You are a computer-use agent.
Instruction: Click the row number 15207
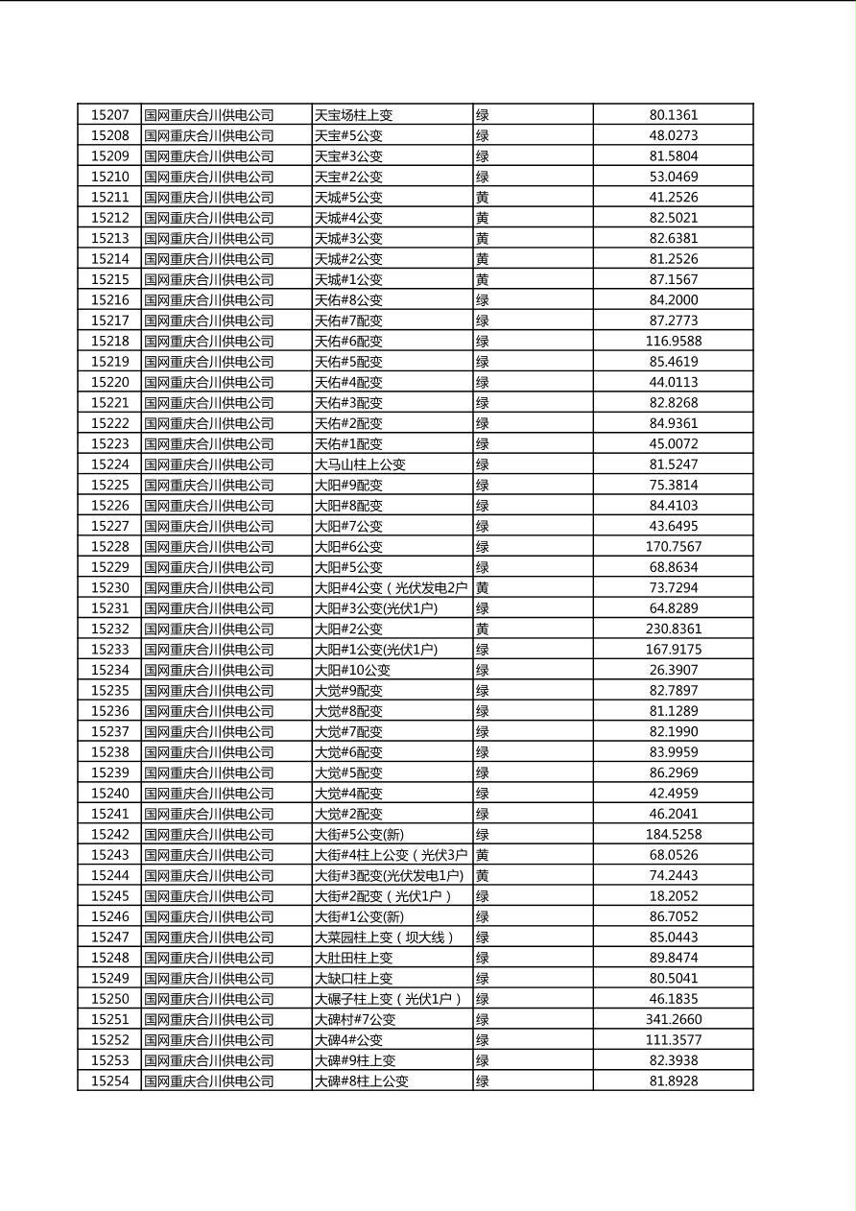pyautogui.click(x=109, y=115)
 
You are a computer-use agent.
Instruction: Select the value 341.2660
pyautogui.click(x=674, y=1019)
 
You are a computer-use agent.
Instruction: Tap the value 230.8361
pyautogui.click(x=674, y=629)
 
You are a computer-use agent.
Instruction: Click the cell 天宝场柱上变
pyautogui.click(x=354, y=115)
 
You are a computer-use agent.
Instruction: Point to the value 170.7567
pyautogui.click(x=674, y=546)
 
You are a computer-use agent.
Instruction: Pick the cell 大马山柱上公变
pyautogui.click(x=361, y=464)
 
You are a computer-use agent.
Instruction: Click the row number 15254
pyautogui.click(x=109, y=1080)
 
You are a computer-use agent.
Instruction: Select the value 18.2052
pyautogui.click(x=674, y=895)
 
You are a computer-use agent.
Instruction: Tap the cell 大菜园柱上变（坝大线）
pyautogui.click(x=385, y=937)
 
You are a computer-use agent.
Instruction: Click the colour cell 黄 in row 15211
pyautogui.click(x=483, y=197)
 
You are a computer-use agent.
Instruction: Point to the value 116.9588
pyautogui.click(x=674, y=341)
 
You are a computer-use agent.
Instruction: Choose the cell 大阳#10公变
pyautogui.click(x=353, y=670)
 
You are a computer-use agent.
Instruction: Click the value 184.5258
pyautogui.click(x=674, y=834)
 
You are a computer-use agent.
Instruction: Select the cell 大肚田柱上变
pyautogui.click(x=354, y=958)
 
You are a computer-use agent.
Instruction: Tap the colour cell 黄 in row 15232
pyautogui.click(x=483, y=629)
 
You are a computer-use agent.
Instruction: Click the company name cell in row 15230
pyautogui.click(x=209, y=587)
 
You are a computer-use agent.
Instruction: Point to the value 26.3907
pyautogui.click(x=674, y=670)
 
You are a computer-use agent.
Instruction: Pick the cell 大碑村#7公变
pyautogui.click(x=355, y=1019)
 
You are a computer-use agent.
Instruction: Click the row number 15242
pyautogui.click(x=109, y=834)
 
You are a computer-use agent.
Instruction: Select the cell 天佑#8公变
pyautogui.click(x=348, y=299)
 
